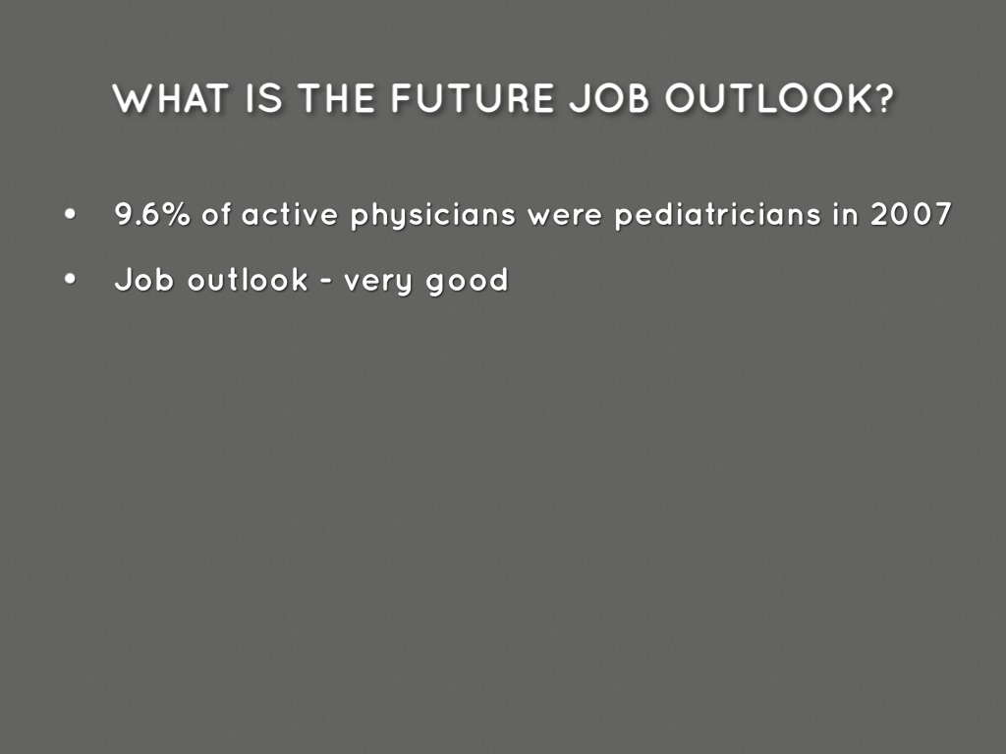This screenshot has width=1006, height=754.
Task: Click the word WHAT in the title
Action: [171, 98]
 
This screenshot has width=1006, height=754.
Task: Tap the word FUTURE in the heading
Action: [473, 98]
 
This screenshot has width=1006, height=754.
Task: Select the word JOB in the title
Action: [609, 98]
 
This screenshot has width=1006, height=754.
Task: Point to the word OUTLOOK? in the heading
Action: [779, 98]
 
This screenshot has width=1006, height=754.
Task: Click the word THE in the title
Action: [337, 98]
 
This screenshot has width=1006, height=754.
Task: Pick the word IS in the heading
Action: [264, 98]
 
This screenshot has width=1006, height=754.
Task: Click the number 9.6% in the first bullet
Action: [152, 214]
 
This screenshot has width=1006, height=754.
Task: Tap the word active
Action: [290, 214]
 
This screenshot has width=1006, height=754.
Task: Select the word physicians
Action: [433, 216]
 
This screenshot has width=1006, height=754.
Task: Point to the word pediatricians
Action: [718, 215]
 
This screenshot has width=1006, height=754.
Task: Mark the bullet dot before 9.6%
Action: [70, 215]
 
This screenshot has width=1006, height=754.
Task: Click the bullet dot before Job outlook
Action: [70, 279]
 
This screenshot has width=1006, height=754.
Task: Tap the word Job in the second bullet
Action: [144, 280]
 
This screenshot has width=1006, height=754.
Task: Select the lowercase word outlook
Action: [248, 280]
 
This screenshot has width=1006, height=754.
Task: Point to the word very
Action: [378, 283]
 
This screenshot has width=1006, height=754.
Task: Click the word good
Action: [467, 281]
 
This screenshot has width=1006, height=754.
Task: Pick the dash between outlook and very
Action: [326, 281]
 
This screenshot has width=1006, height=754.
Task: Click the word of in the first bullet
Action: [216, 214]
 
